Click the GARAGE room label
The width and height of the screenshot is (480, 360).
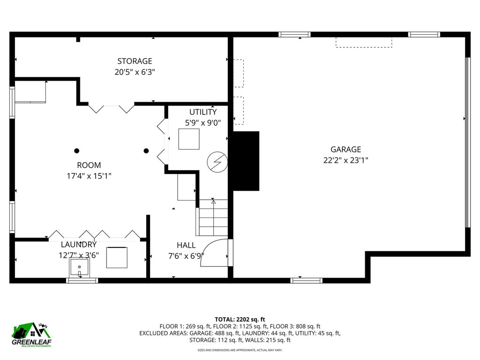pyautogui.click(x=345, y=150)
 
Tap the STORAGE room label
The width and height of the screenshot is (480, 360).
pyautogui.click(x=135, y=61)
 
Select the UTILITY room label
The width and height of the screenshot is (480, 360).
pyautogui.click(x=203, y=112)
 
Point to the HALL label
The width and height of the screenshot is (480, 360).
pyautogui.click(x=186, y=245)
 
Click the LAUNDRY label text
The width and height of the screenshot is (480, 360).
pyautogui.click(x=79, y=244)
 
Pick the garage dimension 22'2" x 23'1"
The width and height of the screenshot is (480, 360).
pyautogui.click(x=345, y=160)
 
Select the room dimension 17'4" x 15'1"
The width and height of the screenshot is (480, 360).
pyautogui.click(x=89, y=176)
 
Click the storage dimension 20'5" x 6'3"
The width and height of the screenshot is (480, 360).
pyautogui.click(x=135, y=72)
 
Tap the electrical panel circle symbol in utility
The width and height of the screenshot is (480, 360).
pyautogui.click(x=217, y=162)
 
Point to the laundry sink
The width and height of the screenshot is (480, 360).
pyautogui.click(x=79, y=267)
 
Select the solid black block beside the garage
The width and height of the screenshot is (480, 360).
pyautogui.click(x=246, y=161)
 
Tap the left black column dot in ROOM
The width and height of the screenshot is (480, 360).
pyautogui.click(x=77, y=150)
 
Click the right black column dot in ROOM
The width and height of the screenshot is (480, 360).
pyautogui.click(x=146, y=150)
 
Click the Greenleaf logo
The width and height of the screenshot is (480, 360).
pyautogui.click(x=31, y=335)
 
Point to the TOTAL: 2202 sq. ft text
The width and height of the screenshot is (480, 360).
pyautogui.click(x=240, y=320)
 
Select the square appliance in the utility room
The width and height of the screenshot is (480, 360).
pyautogui.click(x=189, y=139)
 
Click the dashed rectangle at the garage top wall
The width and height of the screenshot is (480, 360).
pyautogui.click(x=364, y=42)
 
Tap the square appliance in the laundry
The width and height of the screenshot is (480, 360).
pyautogui.click(x=117, y=257)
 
